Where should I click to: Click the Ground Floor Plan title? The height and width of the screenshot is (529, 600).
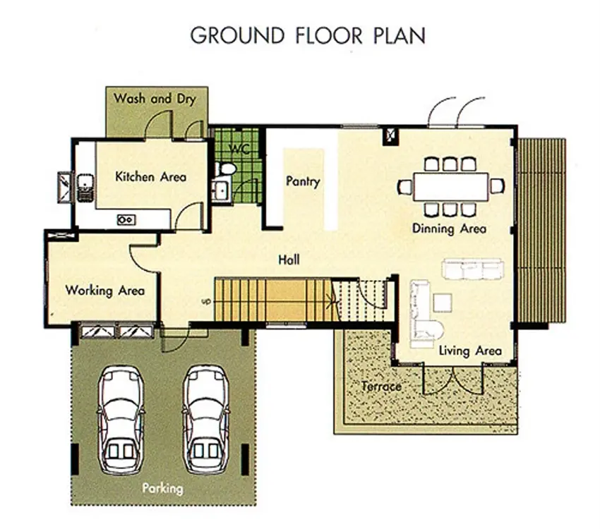pyautogui.click(x=308, y=35)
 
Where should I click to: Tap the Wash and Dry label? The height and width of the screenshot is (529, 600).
pyautogui.click(x=155, y=99)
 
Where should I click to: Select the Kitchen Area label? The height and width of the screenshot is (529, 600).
pyautogui.click(x=151, y=176)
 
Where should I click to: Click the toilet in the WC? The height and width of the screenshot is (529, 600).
pyautogui.click(x=226, y=169)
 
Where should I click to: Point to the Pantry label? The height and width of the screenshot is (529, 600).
pyautogui.click(x=303, y=181)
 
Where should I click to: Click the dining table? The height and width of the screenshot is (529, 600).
pyautogui.click(x=451, y=186)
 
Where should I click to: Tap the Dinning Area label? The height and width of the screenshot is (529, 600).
pyautogui.click(x=449, y=229)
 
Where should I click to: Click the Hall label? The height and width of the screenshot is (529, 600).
pyautogui.click(x=289, y=260)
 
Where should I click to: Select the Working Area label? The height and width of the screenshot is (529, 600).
pyautogui.click(x=105, y=291)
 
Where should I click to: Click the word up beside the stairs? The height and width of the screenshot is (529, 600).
pyautogui.click(x=206, y=302)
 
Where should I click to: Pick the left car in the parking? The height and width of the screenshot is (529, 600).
pyautogui.click(x=121, y=420)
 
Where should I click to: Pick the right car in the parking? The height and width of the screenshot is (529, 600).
pyautogui.click(x=206, y=420)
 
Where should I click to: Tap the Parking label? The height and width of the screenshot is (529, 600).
pyautogui.click(x=162, y=489)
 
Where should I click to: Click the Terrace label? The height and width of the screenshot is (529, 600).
pyautogui.click(x=381, y=387)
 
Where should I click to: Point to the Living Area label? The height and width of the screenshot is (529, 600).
pyautogui.click(x=470, y=351)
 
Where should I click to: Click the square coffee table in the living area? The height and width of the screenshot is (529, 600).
pyautogui.click(x=443, y=303)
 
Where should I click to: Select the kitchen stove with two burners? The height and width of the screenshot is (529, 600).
pyautogui.click(x=126, y=220)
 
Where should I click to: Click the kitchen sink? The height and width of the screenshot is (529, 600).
pyautogui.click(x=85, y=188)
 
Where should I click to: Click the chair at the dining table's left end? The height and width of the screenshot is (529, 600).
pyautogui.click(x=404, y=187)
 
